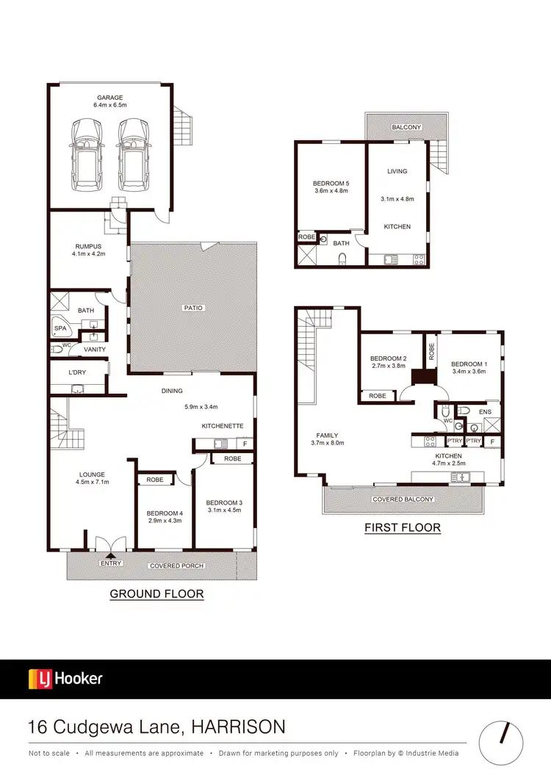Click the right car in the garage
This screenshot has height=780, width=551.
coord(133,154)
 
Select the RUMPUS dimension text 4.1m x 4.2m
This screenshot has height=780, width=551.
coord(89,254)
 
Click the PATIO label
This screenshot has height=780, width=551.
coord(193,308)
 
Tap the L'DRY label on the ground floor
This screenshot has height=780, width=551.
coord(76,373)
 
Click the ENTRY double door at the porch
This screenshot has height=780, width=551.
coord(111,544)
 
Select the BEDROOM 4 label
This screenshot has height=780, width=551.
coord(159,513)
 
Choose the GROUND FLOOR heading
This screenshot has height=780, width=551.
coord(156,593)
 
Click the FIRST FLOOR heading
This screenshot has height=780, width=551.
coord(403,527)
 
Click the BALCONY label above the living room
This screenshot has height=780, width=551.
coord(406,127)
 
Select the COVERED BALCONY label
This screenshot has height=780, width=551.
coord(403,499)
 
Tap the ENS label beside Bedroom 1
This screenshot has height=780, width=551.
coord(484,412)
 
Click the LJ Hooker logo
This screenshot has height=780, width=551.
coord(65,678)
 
